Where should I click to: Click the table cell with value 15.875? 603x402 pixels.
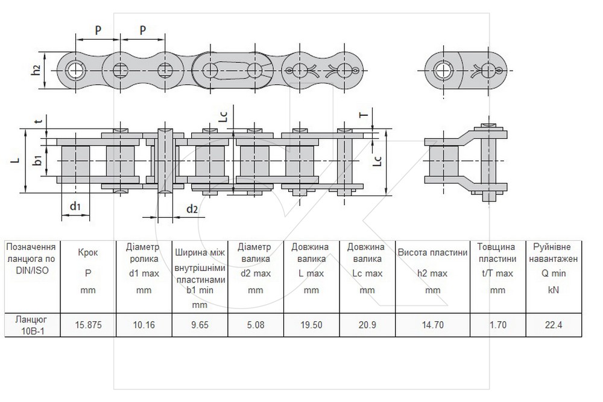[88, 325]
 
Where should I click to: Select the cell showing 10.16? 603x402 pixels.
[144, 325]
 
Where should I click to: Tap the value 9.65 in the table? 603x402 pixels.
[200, 325]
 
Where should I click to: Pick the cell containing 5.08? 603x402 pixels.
[256, 325]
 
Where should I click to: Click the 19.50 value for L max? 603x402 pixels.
[312, 325]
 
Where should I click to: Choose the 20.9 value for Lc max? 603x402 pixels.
[367, 325]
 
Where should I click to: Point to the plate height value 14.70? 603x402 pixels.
[432, 325]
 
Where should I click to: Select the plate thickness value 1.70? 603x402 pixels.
[498, 325]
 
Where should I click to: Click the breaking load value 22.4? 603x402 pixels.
[554, 325]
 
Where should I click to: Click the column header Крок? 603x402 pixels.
[88, 252]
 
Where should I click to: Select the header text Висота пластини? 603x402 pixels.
[432, 252]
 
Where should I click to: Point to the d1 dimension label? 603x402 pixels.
[75, 206]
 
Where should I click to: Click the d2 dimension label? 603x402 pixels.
[192, 209]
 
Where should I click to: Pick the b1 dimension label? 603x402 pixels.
[37, 160]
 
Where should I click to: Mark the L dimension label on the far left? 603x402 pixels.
[16, 159]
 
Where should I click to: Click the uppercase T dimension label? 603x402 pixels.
[364, 114]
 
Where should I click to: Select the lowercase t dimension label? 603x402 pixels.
[38, 121]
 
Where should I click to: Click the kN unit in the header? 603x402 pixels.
[554, 290]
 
